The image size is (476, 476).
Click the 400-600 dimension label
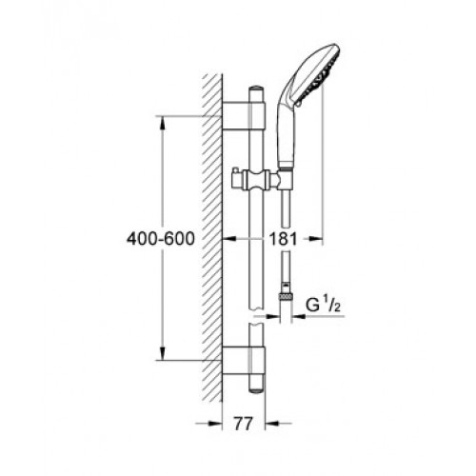[161, 239]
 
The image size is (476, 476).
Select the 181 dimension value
[283, 239]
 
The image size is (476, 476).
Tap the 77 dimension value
[244, 424]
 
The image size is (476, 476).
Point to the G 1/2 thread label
[323, 305]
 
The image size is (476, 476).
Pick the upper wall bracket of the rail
[244, 116]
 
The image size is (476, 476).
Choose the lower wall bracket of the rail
[244, 361]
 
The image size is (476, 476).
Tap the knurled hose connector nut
[286, 297]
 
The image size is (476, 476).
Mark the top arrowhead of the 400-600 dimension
[162, 123]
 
